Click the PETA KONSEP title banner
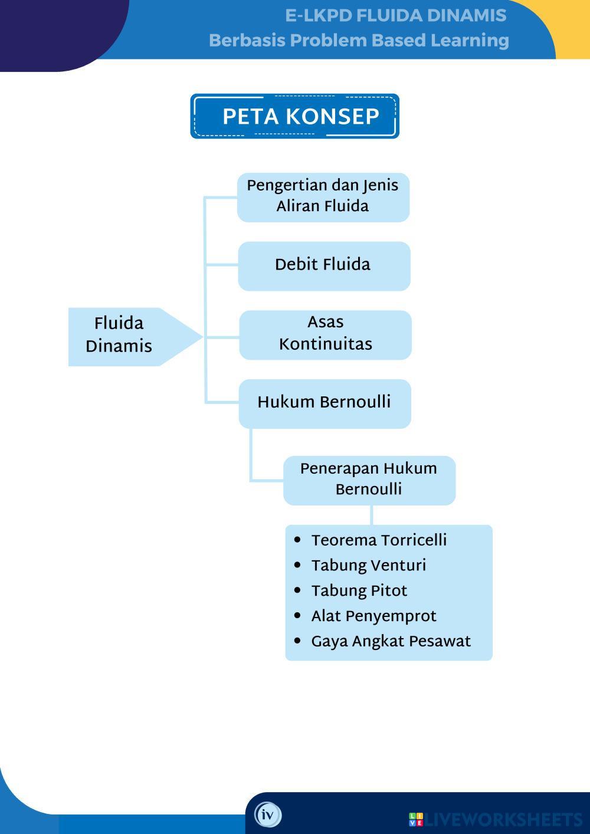[x=294, y=116]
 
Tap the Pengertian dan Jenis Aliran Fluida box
[x=323, y=197]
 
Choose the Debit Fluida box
[x=324, y=265]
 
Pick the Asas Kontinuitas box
[x=325, y=334]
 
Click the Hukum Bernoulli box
[x=324, y=403]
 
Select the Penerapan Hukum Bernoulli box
[x=369, y=480]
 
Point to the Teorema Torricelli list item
[x=379, y=540]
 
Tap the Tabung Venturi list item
[x=368, y=566]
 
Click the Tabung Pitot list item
[x=359, y=591]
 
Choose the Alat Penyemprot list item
[x=373, y=616]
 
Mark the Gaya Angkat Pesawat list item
[x=391, y=642]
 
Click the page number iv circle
[x=268, y=815]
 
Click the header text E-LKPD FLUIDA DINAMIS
[x=395, y=16]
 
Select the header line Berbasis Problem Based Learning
[x=359, y=41]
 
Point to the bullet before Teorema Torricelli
[x=297, y=540]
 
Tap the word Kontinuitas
[x=325, y=344]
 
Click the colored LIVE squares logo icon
[x=415, y=819]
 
